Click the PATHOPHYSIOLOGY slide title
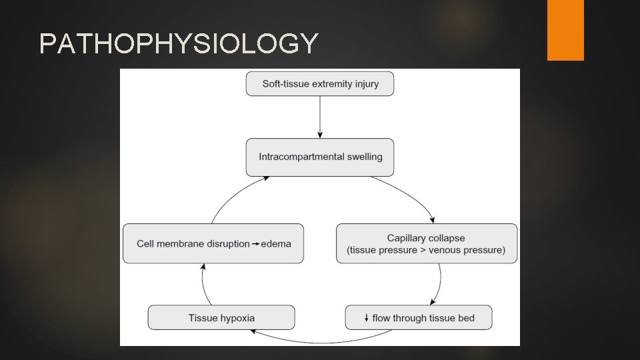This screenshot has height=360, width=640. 178,44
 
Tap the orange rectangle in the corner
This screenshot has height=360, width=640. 565,30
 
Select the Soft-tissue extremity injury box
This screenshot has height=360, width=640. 320,84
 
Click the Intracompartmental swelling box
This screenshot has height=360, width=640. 320,157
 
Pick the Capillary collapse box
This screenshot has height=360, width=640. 426,243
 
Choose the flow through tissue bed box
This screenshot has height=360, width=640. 419,317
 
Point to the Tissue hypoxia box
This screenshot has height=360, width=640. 221,317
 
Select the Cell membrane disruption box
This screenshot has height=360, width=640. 213,243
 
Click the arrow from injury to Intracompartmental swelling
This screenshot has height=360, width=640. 320,117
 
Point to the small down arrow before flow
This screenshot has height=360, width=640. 367,318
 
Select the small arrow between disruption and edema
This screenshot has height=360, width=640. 255,244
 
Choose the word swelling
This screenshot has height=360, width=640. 364,157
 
